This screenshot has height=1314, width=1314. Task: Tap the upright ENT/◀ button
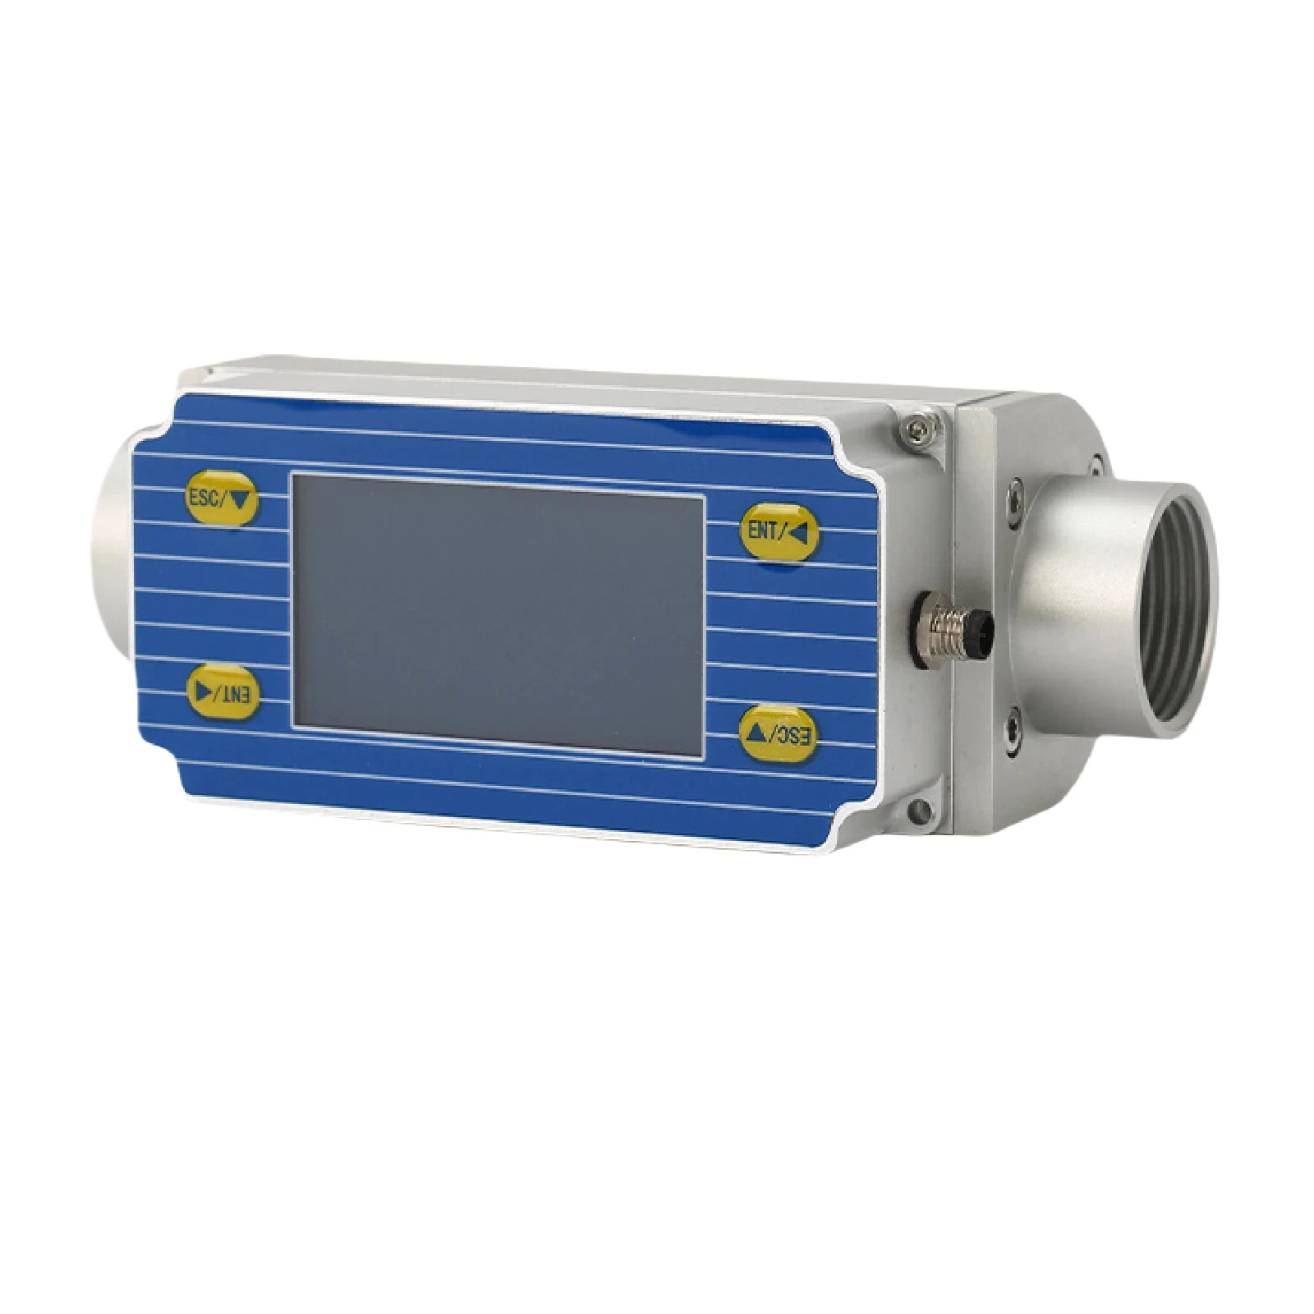[x=780, y=532]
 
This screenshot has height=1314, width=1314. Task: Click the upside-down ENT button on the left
[x=223, y=691]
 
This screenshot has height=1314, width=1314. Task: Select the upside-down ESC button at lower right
[x=779, y=734]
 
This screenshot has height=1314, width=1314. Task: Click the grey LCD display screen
[x=498, y=616]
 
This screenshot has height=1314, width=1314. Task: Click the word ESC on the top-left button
[x=204, y=497]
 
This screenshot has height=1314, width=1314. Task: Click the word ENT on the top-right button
[x=761, y=531]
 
